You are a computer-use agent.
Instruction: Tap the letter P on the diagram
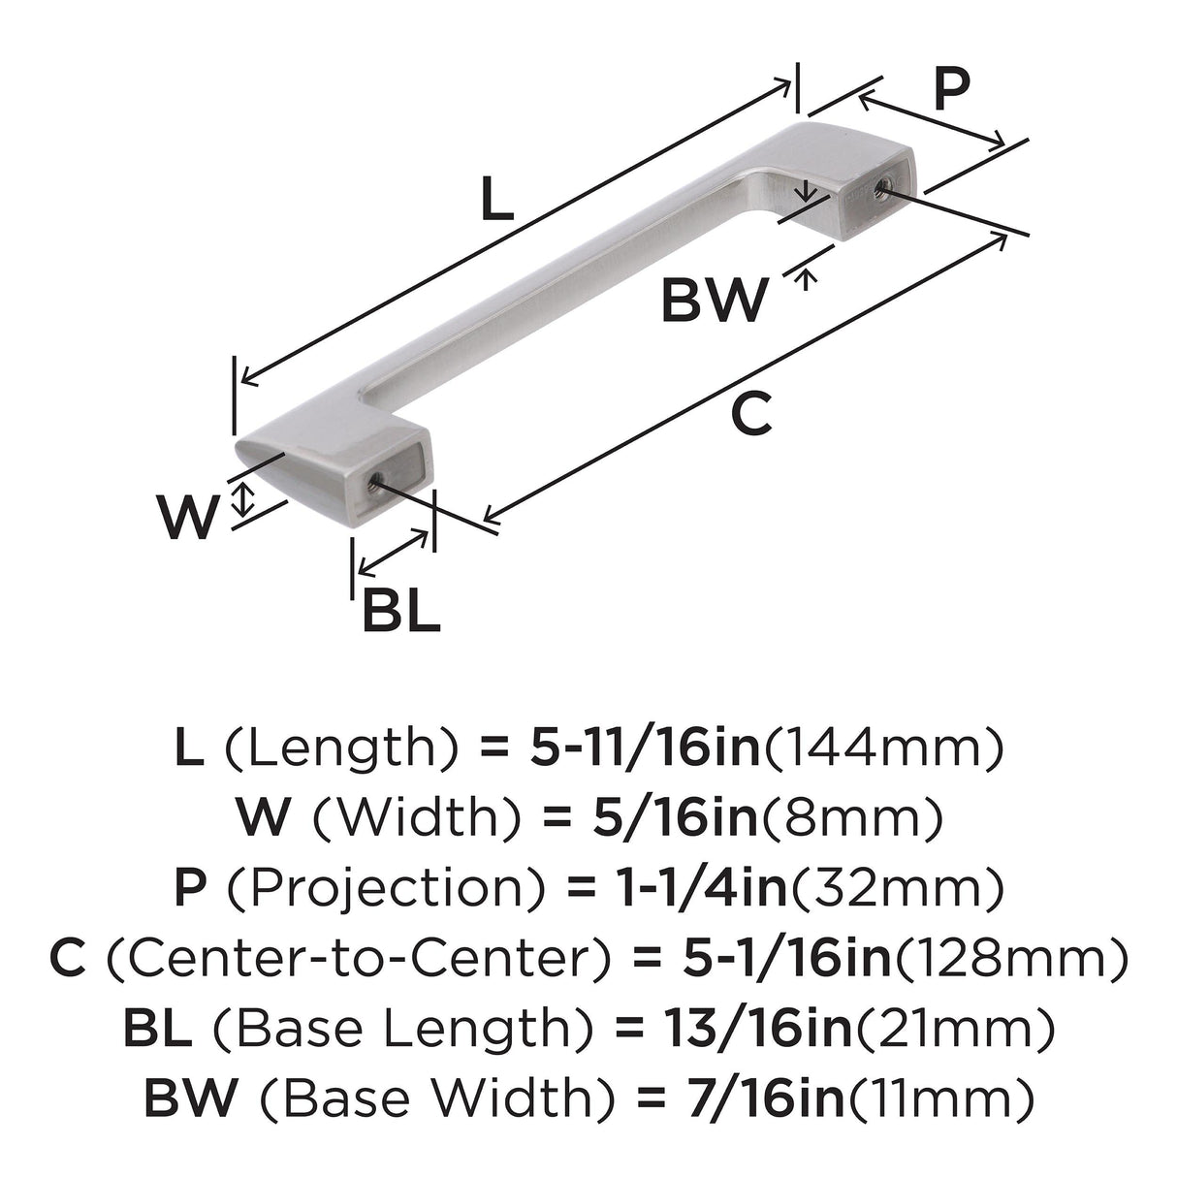tap(952, 90)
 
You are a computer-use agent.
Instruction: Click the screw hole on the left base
tap(374, 483)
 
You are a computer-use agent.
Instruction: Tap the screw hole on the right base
tap(881, 187)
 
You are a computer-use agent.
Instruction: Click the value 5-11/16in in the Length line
tap(645, 749)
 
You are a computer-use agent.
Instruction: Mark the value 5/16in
tap(676, 818)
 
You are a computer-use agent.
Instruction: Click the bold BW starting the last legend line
tap(190, 1098)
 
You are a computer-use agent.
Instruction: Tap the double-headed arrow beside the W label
tap(243, 498)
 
